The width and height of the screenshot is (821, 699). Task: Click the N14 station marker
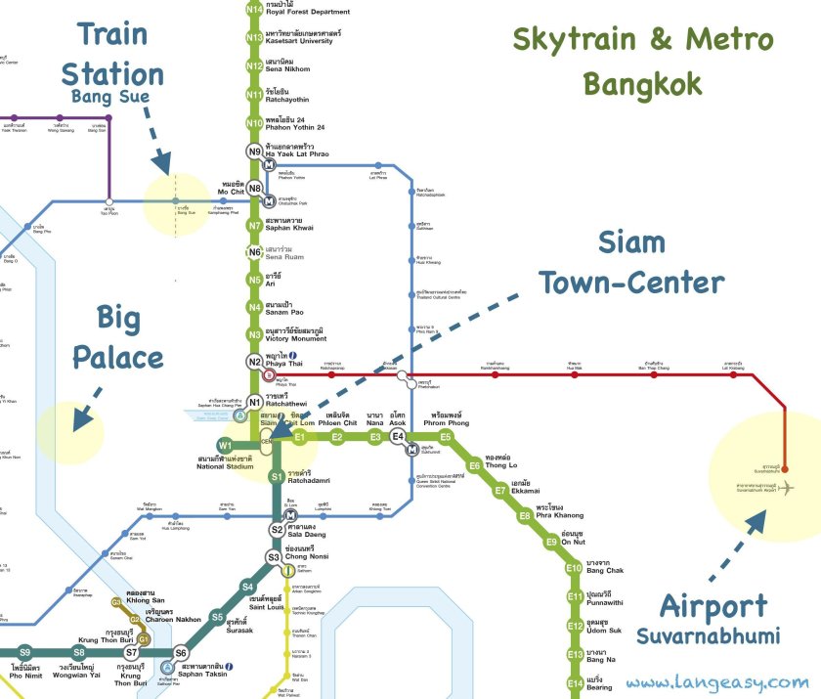[254, 10]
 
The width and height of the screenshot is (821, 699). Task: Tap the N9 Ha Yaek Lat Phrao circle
[254, 151]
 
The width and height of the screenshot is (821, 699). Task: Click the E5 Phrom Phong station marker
[445, 437]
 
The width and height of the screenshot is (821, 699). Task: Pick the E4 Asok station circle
[398, 437]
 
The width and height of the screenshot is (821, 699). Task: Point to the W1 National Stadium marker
[225, 447]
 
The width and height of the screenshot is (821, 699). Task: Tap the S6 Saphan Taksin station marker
[181, 653]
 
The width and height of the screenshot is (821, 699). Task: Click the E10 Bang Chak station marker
[574, 568]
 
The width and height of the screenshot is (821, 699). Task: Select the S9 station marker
[25, 652]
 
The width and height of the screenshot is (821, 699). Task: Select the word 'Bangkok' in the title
[642, 84]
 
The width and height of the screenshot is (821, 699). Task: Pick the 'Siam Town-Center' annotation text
[632, 262]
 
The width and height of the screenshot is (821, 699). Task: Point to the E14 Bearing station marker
[574, 684]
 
